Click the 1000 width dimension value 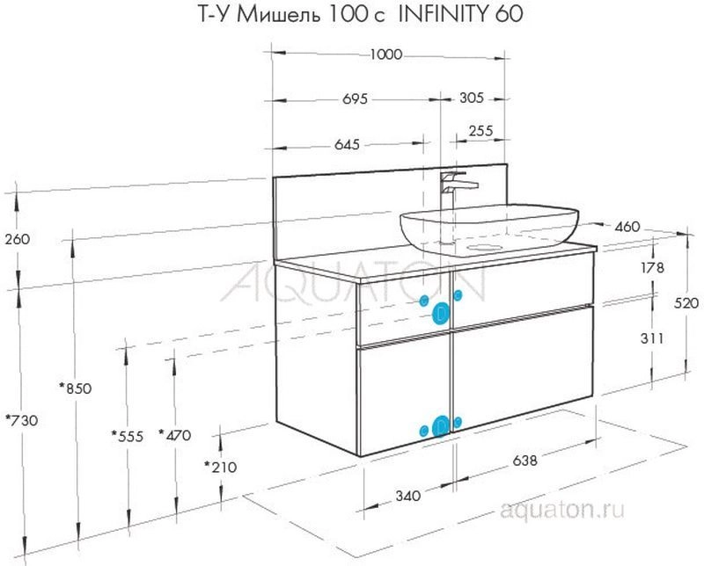pos(386,54)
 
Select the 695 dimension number pos(356,98)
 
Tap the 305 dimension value pos(472,98)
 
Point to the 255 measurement pos(480,131)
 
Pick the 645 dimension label pos(347,144)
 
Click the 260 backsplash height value pos(18,239)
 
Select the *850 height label pos(76,388)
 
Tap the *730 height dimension pos(21,420)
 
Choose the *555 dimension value pos(128,436)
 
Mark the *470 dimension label pos(175,435)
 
